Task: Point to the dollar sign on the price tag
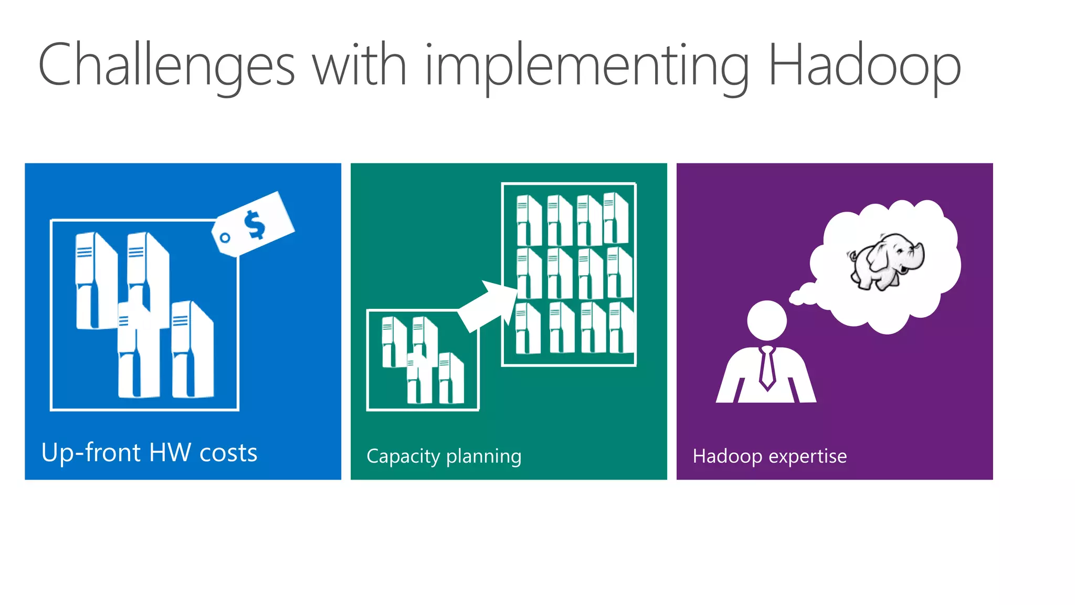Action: coord(255,224)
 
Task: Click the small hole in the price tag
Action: coord(225,238)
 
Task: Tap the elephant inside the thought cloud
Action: coord(887,262)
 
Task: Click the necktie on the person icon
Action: coord(767,367)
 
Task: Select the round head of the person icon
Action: coord(767,320)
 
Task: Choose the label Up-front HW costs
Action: coord(149,452)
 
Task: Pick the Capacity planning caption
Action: coord(444,456)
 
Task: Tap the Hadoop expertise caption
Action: coord(770,456)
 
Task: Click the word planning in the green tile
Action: coord(483,456)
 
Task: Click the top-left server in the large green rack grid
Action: coord(529,221)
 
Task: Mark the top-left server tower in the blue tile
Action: coord(96,281)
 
